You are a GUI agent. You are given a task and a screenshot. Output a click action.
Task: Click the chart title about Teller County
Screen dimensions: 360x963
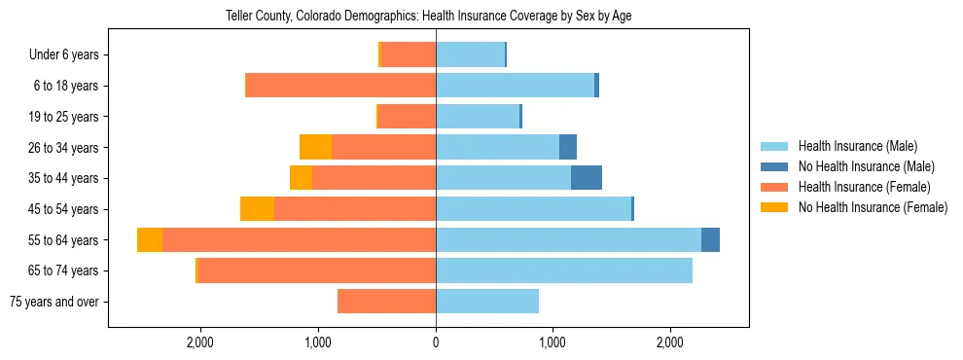pyautogui.click(x=429, y=17)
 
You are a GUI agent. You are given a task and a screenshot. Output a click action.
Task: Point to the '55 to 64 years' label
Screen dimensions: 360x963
pyautogui.click(x=62, y=240)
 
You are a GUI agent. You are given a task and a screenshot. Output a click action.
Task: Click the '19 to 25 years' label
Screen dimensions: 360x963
pyautogui.click(x=62, y=117)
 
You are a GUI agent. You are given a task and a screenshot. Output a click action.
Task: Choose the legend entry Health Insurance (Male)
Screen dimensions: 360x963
pyautogui.click(x=858, y=146)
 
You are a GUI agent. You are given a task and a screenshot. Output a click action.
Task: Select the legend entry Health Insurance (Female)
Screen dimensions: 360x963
pyautogui.click(x=864, y=187)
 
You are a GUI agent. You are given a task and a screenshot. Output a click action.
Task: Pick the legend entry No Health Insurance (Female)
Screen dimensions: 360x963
pyautogui.click(x=872, y=207)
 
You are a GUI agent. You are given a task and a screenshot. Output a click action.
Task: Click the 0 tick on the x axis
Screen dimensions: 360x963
pyautogui.click(x=436, y=342)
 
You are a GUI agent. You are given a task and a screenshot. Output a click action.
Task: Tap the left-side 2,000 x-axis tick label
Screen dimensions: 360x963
pyautogui.click(x=199, y=342)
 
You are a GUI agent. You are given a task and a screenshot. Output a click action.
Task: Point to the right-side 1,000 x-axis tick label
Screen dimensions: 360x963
pyautogui.click(x=553, y=342)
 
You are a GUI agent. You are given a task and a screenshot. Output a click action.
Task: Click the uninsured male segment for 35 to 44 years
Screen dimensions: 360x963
pyautogui.click(x=587, y=178)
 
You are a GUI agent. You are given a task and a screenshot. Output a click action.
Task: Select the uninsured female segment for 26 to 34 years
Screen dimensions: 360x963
pyautogui.click(x=315, y=147)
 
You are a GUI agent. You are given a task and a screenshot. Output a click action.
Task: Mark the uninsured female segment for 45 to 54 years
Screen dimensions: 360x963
pyautogui.click(x=257, y=209)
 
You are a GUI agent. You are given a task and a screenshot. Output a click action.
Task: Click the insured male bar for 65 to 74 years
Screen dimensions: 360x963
pyautogui.click(x=564, y=270)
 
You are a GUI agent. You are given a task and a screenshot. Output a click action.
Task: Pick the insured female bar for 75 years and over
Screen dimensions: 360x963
pyautogui.click(x=386, y=302)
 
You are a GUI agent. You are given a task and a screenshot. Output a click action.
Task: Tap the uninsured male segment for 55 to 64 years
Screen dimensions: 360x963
pyautogui.click(x=710, y=239)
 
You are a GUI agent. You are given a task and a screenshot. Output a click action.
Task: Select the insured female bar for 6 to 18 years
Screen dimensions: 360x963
pyautogui.click(x=340, y=86)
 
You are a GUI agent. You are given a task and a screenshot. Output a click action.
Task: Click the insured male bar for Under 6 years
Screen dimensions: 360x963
pyautogui.click(x=470, y=55)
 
